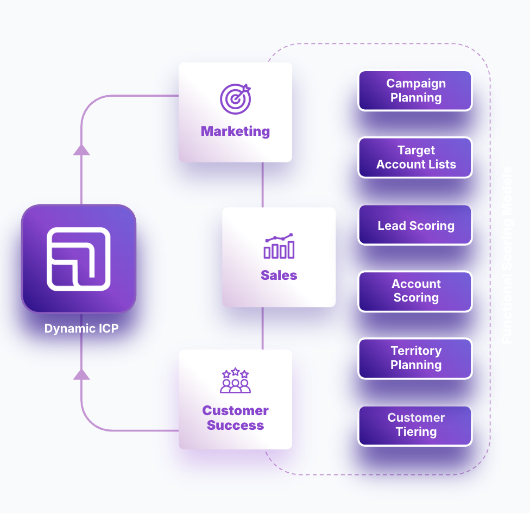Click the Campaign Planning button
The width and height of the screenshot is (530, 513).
415,91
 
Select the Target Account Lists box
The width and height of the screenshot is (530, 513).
415,158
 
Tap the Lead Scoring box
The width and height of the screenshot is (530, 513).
415,226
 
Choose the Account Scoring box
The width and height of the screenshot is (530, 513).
415,291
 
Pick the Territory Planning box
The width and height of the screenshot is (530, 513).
415,358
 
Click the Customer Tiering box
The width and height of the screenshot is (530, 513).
415,425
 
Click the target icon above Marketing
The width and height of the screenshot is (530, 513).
236,98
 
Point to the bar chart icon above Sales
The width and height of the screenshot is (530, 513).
279,246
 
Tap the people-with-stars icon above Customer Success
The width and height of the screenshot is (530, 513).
235,381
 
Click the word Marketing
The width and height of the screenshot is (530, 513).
235,131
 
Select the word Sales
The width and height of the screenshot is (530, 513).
279,276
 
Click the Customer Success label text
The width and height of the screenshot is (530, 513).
235,418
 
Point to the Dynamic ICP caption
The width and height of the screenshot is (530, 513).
81,328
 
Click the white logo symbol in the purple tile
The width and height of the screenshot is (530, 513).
79,259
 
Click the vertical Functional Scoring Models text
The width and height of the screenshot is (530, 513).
507,255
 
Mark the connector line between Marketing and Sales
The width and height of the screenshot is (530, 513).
263,184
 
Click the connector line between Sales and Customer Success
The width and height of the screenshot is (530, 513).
263,328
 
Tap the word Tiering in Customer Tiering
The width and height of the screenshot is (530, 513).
416,432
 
